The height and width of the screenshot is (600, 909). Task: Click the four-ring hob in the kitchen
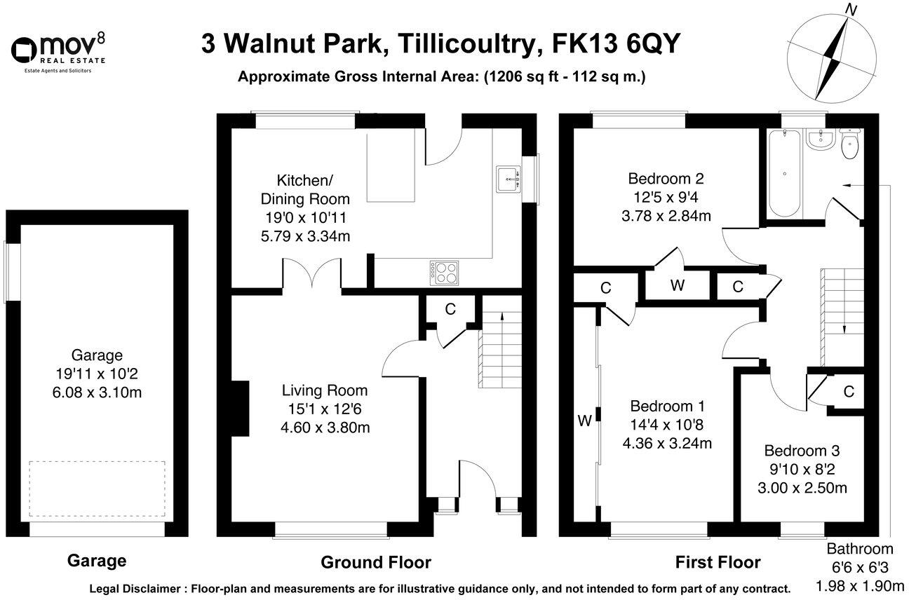(444, 272)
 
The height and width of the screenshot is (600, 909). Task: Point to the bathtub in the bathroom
(782, 173)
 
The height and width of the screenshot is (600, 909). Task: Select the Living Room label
(324, 390)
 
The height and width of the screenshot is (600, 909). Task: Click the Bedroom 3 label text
(802, 451)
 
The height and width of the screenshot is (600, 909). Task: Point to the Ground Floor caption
(376, 562)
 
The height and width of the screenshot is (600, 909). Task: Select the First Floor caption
(718, 562)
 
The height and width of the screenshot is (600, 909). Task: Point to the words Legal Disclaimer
(137, 588)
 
